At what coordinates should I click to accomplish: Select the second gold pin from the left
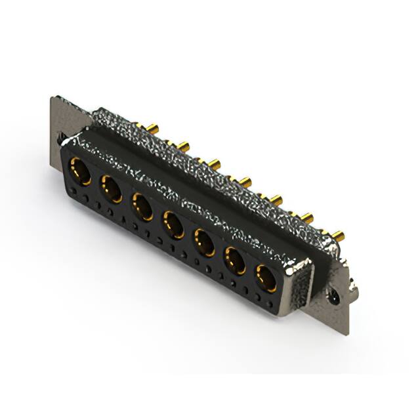pyautogui.click(x=184, y=144)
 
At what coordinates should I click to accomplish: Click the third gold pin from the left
pyautogui.click(x=213, y=161)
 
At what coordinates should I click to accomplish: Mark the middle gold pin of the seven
pyautogui.click(x=245, y=179)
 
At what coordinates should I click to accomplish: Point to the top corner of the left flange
pyautogui.click(x=52, y=98)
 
